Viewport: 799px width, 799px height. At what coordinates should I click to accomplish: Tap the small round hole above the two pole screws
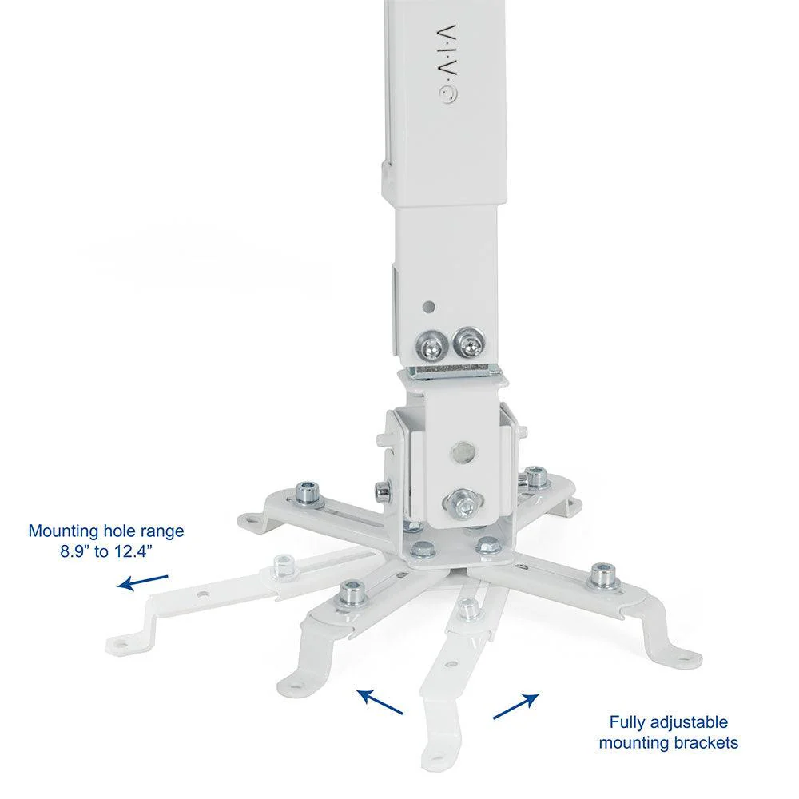click(x=430, y=305)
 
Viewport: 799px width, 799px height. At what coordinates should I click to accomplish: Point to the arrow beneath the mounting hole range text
click(x=144, y=581)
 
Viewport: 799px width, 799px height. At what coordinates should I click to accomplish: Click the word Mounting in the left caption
click(x=62, y=531)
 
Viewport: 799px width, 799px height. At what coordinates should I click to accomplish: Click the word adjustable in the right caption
click(x=691, y=723)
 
